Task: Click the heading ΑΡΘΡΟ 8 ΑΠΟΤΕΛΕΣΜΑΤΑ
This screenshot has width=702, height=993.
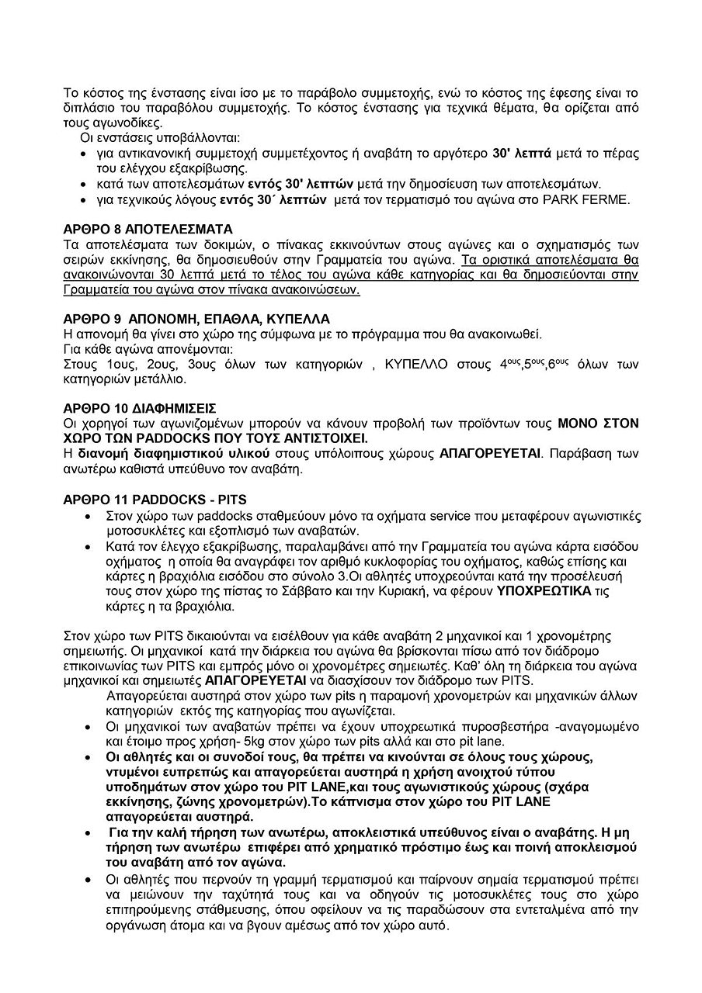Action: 148,230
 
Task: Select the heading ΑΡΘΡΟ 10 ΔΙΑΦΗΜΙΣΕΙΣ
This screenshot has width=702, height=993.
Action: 140,407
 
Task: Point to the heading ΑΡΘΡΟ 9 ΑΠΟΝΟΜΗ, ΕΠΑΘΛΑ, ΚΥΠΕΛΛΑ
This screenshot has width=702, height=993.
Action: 196,318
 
